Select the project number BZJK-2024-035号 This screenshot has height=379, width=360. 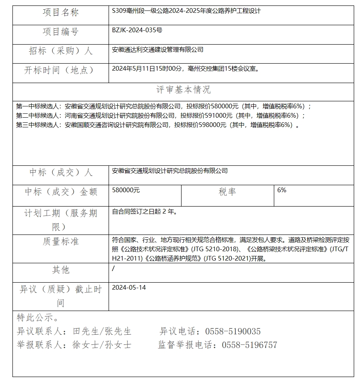(137, 30)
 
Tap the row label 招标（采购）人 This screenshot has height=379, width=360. (61, 51)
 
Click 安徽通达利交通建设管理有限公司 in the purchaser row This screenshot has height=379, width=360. (157, 50)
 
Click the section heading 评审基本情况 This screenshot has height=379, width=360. (183, 90)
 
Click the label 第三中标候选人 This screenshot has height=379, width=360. (38, 125)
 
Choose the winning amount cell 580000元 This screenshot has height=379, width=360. (126, 190)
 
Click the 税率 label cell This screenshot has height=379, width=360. (227, 192)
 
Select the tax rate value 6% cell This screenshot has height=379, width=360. (282, 190)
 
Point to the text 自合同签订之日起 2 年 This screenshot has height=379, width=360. (144, 212)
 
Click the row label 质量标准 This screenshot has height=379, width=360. (61, 242)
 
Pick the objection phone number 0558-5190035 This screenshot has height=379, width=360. (233, 331)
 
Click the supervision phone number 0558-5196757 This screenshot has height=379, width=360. (249, 345)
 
